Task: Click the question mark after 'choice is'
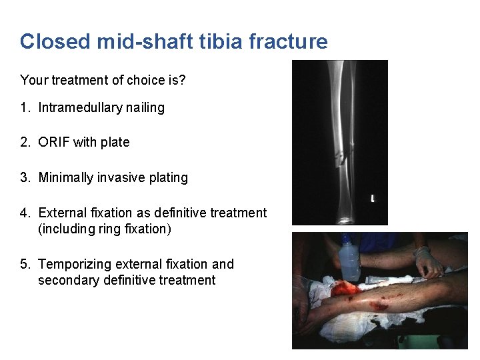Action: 182,80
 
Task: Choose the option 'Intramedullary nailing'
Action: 101,107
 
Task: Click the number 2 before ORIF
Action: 24,142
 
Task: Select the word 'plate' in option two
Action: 115,142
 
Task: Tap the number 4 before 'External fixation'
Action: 24,213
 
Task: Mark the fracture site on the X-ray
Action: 342,158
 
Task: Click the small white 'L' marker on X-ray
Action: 373,198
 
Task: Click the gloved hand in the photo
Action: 427,261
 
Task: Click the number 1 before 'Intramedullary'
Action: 24,107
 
